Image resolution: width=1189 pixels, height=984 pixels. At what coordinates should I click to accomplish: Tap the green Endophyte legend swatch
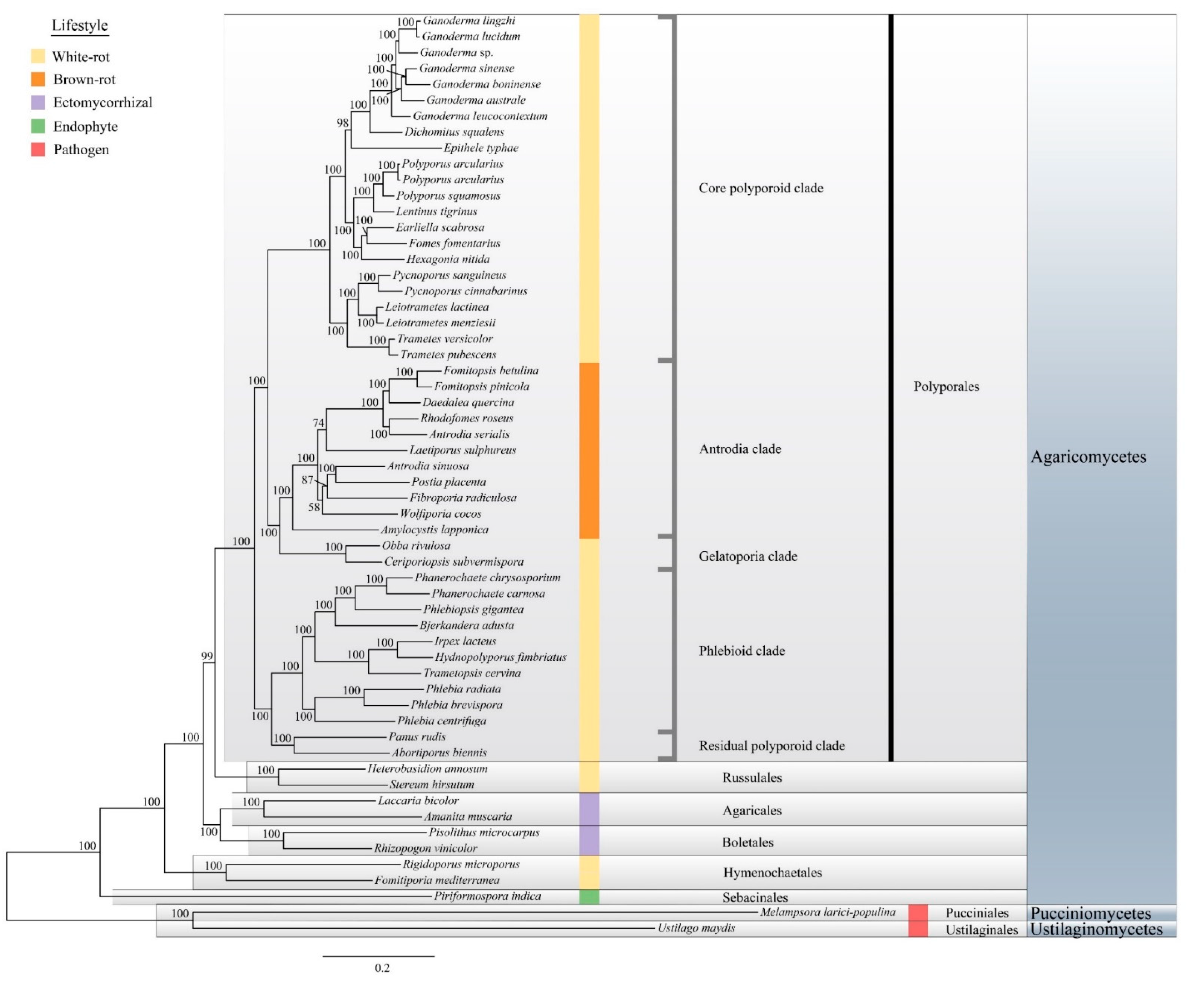(x=38, y=126)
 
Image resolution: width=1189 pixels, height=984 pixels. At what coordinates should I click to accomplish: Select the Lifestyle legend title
(x=80, y=26)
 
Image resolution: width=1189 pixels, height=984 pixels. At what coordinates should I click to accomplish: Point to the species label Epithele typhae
(x=481, y=148)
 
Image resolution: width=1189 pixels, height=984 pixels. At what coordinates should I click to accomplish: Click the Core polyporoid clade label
(x=760, y=188)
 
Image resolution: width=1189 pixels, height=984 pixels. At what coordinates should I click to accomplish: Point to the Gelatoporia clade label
(x=747, y=556)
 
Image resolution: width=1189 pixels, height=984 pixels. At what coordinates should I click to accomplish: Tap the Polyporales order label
(x=946, y=386)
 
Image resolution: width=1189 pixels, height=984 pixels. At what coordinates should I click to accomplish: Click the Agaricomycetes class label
(x=1088, y=457)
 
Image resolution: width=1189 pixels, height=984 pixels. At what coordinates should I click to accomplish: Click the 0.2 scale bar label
(x=382, y=968)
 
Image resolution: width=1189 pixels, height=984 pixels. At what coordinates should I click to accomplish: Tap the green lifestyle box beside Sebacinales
(x=589, y=897)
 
